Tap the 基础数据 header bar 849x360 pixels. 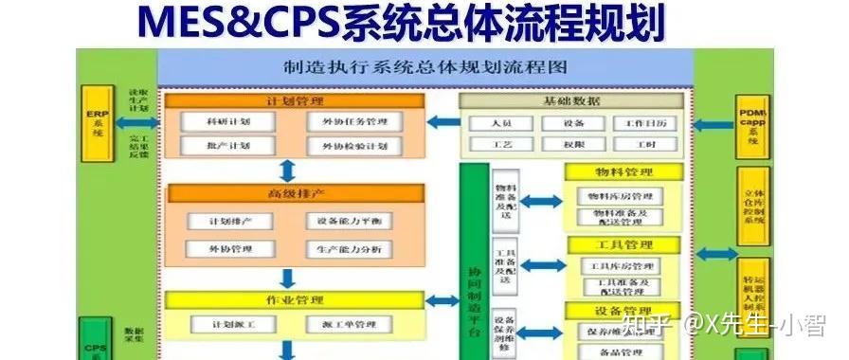[571, 101]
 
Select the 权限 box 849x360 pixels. [573, 145]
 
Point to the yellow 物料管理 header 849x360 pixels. [623, 171]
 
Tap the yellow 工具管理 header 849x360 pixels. [623, 244]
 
